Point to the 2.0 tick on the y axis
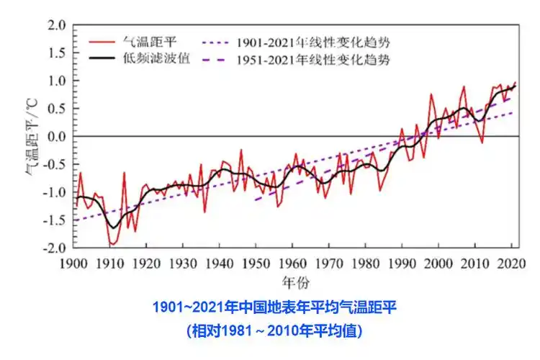coord(58,26)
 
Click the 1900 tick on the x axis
coord(73,263)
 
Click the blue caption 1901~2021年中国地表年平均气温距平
coord(274,308)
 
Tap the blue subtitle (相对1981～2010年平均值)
coord(274,331)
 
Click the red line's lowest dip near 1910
coord(112,246)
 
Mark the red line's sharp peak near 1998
coord(431,94)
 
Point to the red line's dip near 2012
coord(482,143)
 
